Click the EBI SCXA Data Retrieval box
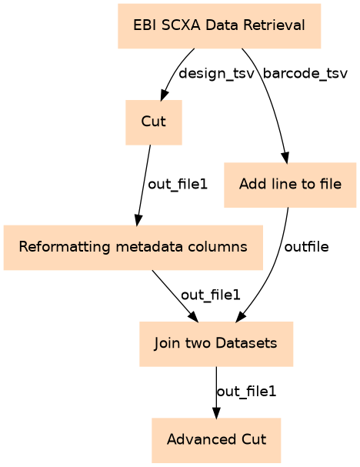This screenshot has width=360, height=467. point(219,26)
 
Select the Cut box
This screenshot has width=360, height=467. point(154,122)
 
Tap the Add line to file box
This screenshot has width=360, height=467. point(290,185)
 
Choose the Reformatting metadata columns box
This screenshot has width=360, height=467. point(133,248)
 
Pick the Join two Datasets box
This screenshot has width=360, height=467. point(216,344)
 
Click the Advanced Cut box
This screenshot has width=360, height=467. point(216,440)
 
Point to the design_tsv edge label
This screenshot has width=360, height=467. point(216,74)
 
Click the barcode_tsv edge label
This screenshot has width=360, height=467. point(305,74)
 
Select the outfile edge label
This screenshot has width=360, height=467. point(306,247)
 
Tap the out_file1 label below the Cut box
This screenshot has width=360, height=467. point(178,185)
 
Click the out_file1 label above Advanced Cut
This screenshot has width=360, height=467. point(247,392)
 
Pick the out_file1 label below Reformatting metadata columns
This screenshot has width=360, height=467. point(210,295)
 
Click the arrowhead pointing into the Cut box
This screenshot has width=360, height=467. point(164,95)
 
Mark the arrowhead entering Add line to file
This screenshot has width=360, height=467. point(285,158)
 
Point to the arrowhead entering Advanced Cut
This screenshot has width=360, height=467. point(216,412)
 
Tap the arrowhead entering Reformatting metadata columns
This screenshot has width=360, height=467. point(138,220)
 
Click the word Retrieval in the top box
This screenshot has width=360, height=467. point(274,25)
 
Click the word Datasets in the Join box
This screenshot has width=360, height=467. point(247,343)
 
